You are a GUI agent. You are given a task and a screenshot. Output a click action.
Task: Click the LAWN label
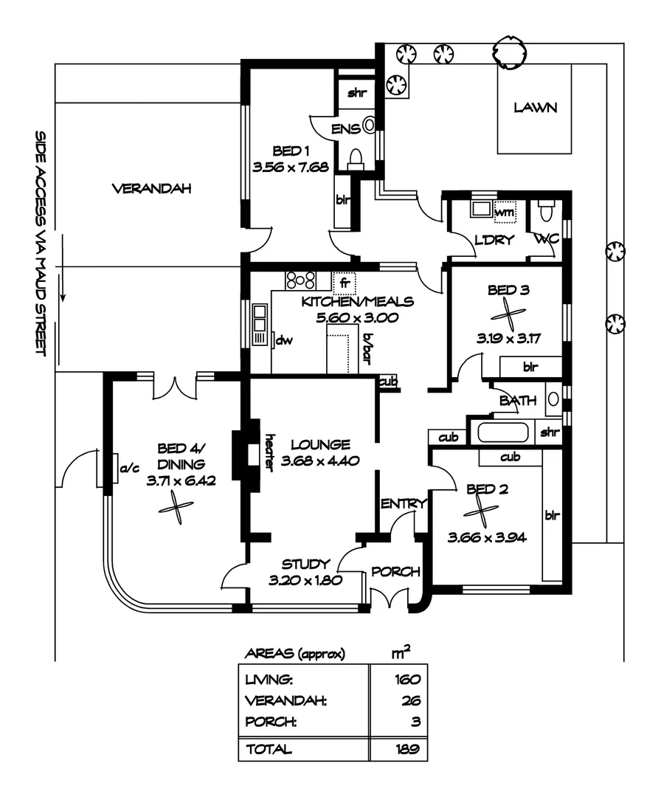536,108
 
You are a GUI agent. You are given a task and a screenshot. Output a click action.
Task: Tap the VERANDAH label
151,189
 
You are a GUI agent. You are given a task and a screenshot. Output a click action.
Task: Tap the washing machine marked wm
504,212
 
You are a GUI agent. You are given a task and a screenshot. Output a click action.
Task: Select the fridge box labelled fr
345,283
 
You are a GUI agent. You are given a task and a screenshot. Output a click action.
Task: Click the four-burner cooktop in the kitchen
302,280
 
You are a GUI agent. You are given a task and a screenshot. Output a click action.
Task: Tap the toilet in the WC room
547,213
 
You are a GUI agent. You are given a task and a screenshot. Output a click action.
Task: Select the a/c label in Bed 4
126,468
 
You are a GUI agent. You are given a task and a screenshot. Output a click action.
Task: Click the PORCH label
395,572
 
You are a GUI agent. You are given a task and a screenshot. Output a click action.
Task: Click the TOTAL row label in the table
269,749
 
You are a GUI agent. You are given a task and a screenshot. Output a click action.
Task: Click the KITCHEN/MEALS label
358,302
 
